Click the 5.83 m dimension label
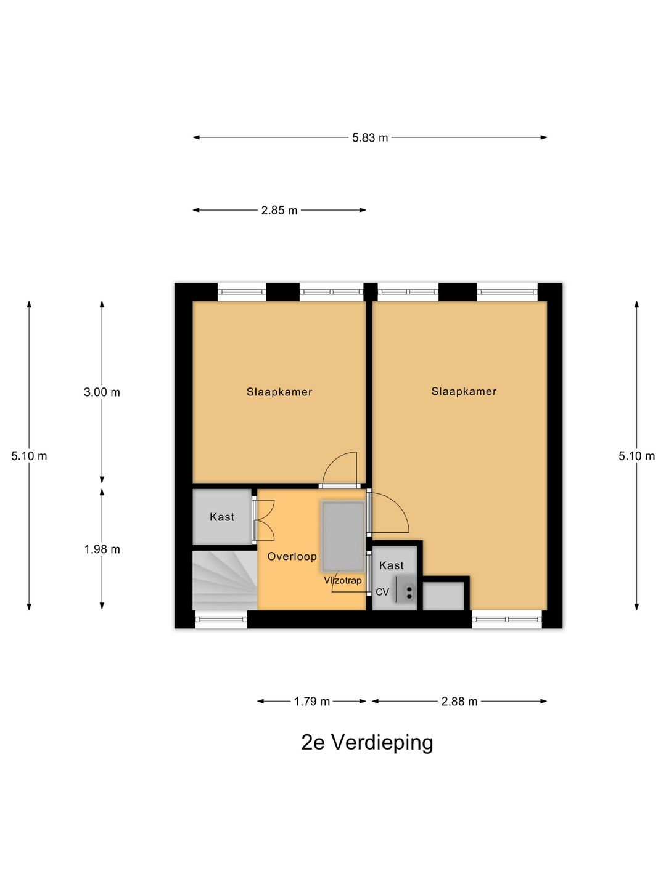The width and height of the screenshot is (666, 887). (369, 138)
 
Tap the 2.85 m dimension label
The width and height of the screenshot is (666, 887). (279, 211)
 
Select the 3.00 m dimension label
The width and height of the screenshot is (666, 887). (102, 392)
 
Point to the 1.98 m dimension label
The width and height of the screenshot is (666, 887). (102, 549)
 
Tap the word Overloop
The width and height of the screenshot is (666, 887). (292, 556)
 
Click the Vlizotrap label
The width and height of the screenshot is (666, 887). (342, 580)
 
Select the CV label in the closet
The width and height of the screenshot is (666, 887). (382, 592)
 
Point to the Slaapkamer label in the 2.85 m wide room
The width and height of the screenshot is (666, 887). (279, 392)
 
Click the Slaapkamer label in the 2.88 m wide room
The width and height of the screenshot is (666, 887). (464, 391)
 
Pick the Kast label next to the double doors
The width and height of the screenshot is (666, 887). (222, 517)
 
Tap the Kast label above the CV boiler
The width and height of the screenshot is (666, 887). (392, 565)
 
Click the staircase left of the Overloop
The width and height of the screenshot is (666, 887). (225, 581)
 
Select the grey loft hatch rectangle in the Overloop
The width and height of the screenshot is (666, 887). (343, 537)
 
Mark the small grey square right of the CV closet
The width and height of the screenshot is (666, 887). (443, 596)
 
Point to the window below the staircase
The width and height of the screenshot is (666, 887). (221, 620)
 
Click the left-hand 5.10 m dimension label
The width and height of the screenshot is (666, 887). (29, 456)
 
